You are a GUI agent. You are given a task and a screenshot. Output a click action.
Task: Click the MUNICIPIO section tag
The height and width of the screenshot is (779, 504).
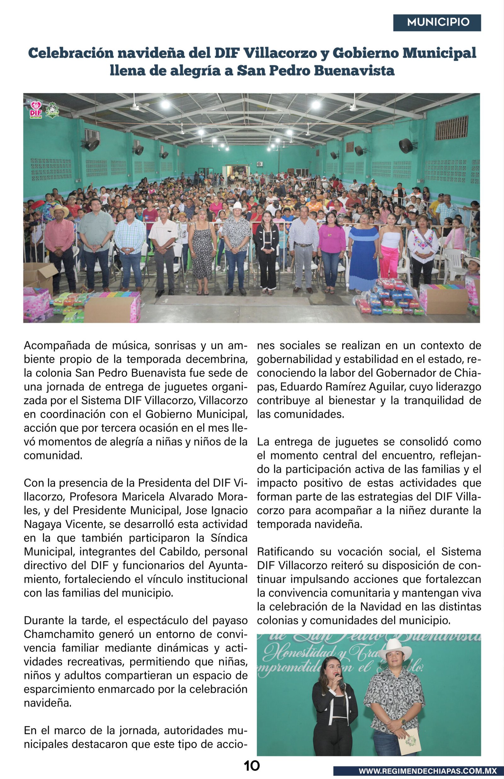click(437, 23)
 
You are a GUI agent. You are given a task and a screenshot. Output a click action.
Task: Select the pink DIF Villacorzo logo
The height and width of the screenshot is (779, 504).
click(36, 110)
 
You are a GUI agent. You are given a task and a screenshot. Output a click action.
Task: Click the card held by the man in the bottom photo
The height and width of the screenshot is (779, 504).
click(409, 742)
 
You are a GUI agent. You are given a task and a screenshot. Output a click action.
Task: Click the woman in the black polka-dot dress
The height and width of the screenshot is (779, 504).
click(202, 252)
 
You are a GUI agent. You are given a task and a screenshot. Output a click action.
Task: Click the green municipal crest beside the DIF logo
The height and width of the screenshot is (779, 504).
click(52, 110)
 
